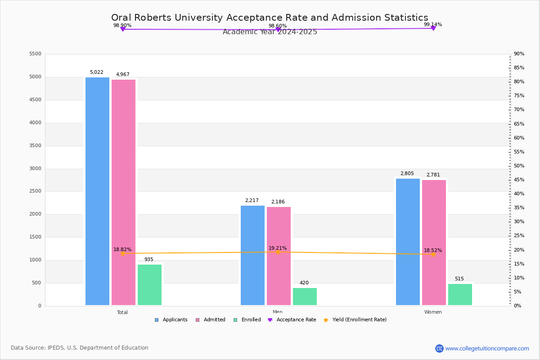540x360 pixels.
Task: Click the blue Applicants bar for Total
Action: pyautogui.click(x=97, y=191)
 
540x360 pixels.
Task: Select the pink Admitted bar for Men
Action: pyautogui.click(x=279, y=256)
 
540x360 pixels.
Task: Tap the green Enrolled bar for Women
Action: pyautogui.click(x=460, y=294)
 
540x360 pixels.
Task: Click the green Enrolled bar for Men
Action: pyautogui.click(x=305, y=297)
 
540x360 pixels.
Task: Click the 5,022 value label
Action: pyautogui.click(x=96, y=72)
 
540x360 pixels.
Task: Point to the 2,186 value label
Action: pyautogui.click(x=278, y=202)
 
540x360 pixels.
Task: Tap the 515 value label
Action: pyautogui.click(x=459, y=279)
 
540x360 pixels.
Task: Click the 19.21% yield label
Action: pyautogui.click(x=278, y=248)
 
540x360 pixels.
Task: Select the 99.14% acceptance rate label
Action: pyautogui.click(x=432, y=24)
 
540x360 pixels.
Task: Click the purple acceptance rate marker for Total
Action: pyautogui.click(x=122, y=29)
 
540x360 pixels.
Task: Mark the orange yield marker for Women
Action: pyautogui.click(x=433, y=254)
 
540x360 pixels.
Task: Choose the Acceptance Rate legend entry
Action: pyautogui.click(x=296, y=320)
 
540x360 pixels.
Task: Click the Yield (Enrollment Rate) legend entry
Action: pyautogui.click(x=359, y=320)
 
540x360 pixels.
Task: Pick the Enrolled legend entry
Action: pyautogui.click(x=251, y=320)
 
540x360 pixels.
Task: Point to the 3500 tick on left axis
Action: pyautogui.click(x=35, y=146)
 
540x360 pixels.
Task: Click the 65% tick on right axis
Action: pyautogui.click(x=519, y=124)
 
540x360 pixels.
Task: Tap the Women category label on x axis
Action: pyautogui.click(x=432, y=312)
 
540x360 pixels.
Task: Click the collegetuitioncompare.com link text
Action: pyautogui.click(x=487, y=348)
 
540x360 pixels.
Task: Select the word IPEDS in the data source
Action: pyautogui.click(x=56, y=348)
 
